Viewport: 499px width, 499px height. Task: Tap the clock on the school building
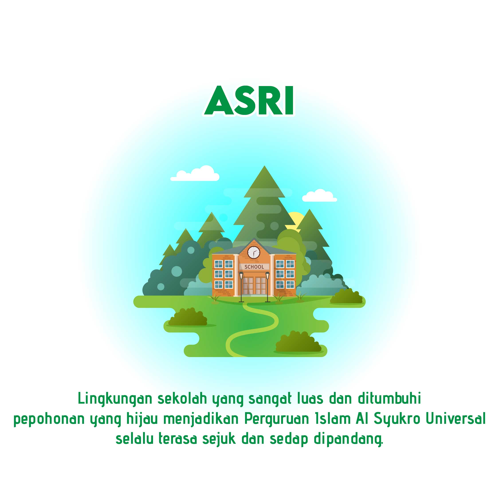click(x=254, y=252)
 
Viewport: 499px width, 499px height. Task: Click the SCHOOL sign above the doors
click(x=254, y=267)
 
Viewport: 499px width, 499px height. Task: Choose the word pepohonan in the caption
click(x=49, y=419)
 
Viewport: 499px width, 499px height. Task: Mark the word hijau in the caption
click(x=142, y=419)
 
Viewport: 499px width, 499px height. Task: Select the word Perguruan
click(x=277, y=419)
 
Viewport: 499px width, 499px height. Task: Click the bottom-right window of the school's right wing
click(x=290, y=284)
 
